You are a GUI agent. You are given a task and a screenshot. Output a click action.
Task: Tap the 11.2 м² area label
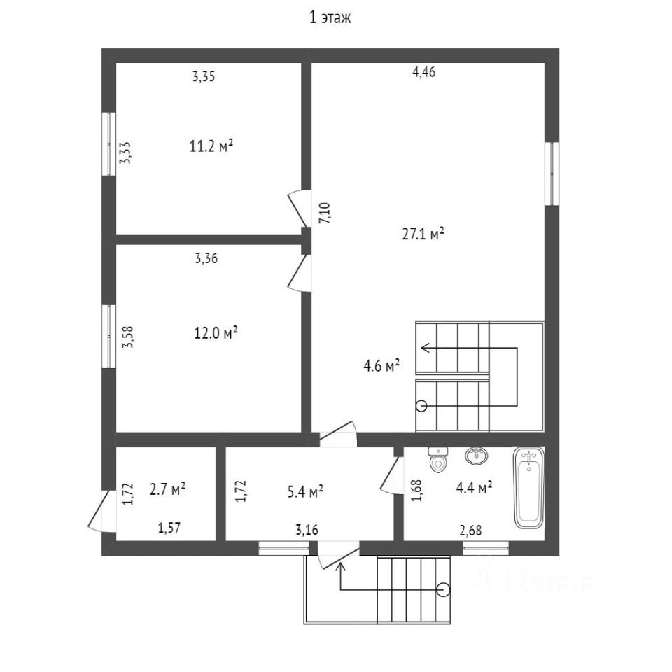coord(211,146)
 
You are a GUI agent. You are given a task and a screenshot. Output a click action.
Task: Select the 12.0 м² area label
coord(216,333)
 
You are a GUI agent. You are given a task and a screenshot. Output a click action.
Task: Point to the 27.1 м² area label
coord(423,234)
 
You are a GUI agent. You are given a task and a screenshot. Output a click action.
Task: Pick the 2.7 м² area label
coord(167,489)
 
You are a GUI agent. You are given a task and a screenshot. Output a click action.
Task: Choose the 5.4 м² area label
coord(304,492)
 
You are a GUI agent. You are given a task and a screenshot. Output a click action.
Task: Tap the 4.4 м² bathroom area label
coord(474,488)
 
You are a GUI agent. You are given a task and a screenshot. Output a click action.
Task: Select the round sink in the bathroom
coord(476,456)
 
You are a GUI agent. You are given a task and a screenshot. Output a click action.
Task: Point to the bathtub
coord(529,488)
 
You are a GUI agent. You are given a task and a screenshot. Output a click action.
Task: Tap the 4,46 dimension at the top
coord(424,71)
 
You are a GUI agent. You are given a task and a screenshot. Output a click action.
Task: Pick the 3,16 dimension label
coord(307,529)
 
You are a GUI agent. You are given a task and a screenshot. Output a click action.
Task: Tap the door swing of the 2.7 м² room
coord(98,510)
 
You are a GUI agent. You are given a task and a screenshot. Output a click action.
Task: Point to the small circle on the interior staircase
coord(421,405)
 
